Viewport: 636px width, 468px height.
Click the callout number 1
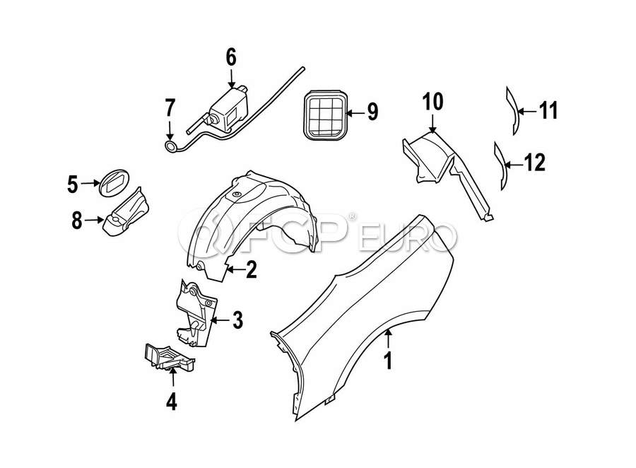tap(387, 361)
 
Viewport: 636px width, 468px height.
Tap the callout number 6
tap(230, 56)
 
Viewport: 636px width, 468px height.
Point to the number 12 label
tap(535, 163)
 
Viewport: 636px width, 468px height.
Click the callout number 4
tap(172, 402)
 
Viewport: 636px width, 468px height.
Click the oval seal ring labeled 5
tap(112, 182)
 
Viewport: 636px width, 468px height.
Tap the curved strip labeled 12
tap(501, 165)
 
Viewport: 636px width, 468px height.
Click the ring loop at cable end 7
tap(171, 146)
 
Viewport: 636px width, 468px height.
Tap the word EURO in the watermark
tap(408, 235)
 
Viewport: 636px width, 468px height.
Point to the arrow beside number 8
tap(94, 220)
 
